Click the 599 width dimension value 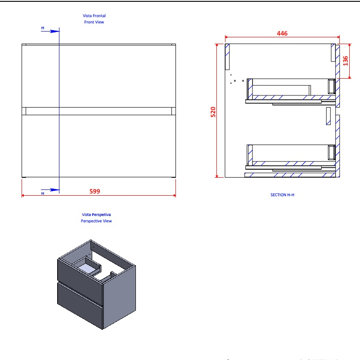94,191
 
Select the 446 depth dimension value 282,33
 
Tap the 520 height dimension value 213,112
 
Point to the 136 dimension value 346,60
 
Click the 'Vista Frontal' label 94,16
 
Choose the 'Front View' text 94,22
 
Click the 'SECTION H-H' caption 282,195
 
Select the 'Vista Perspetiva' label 96,215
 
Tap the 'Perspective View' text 96,221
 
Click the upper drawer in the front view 99,76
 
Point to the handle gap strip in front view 99,111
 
